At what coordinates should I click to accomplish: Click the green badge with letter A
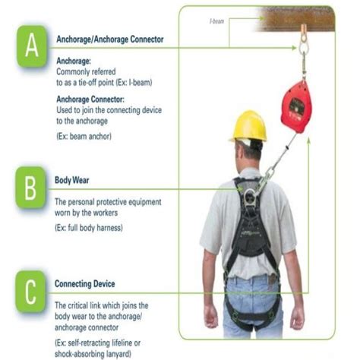(x=31, y=47)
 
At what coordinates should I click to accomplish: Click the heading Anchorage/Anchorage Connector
(x=109, y=39)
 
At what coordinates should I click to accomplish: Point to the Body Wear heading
(x=74, y=180)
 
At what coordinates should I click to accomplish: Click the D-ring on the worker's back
(x=250, y=199)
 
